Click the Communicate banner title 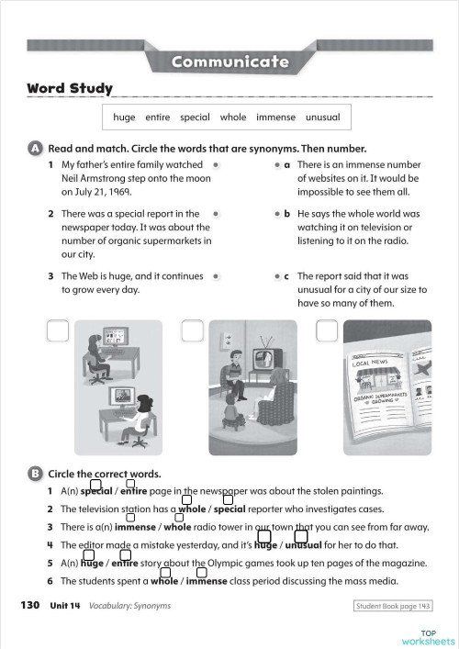[229, 62]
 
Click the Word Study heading [70, 89]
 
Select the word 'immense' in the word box [275, 117]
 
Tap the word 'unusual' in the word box [322, 117]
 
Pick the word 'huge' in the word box [124, 117]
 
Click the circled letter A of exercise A [35, 148]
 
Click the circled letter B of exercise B [35, 474]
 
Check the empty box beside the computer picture [57, 330]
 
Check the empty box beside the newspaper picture [327, 330]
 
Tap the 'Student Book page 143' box [392, 606]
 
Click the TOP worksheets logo [428, 637]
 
